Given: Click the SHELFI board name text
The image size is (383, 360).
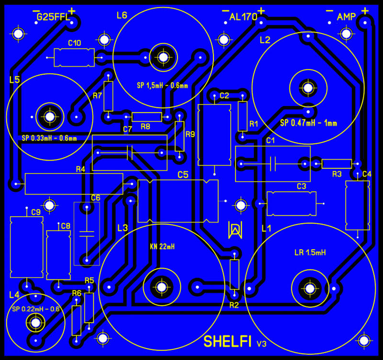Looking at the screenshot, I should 227,341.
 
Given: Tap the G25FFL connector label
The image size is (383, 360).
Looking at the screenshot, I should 53,18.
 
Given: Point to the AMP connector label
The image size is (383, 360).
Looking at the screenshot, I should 346,17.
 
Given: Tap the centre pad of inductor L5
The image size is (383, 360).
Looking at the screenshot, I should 49,116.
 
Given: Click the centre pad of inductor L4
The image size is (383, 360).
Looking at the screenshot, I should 34,322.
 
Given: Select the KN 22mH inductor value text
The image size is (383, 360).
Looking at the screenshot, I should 162,247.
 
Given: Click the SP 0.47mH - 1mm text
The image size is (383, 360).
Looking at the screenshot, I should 309,123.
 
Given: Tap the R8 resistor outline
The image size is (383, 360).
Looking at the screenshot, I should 146,116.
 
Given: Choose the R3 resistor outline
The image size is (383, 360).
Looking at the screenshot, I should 337,164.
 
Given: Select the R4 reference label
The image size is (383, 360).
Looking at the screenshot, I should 80,169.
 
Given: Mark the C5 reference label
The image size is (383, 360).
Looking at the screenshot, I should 183,174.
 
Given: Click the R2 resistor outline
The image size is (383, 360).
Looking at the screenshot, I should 234,274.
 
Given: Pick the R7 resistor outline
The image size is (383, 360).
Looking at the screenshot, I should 109,96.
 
